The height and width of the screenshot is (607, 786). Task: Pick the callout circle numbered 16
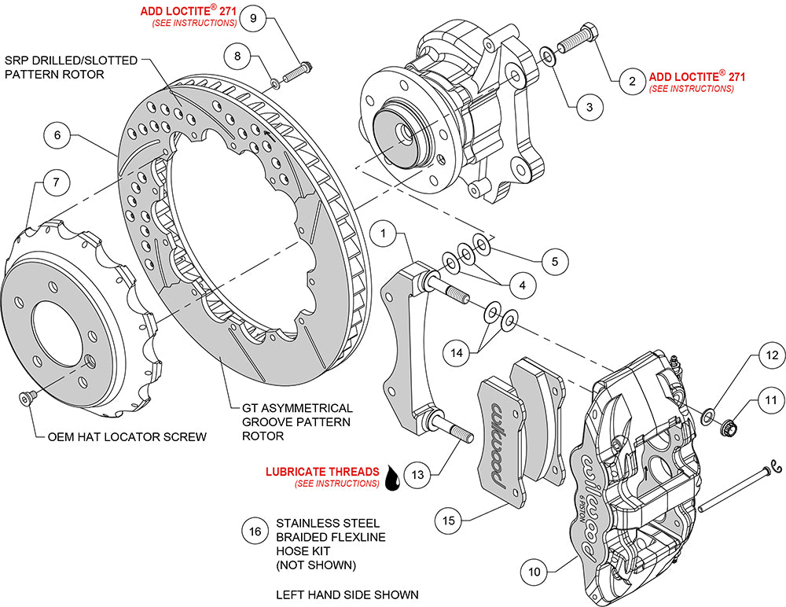254,532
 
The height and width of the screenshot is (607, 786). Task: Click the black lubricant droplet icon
393,477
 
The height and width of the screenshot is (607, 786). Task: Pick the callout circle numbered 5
555,260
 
